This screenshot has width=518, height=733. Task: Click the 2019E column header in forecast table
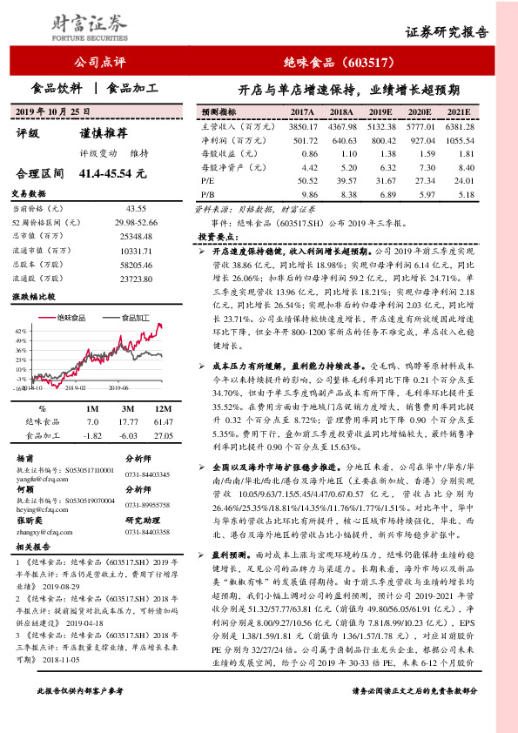click(x=381, y=112)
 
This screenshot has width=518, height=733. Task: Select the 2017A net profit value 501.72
click(x=302, y=139)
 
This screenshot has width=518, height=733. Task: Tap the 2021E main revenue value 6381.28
click(x=459, y=126)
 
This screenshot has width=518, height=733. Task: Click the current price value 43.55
click(x=135, y=210)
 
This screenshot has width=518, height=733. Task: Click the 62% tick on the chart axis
click(x=19, y=332)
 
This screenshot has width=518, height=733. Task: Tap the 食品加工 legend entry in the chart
click(x=137, y=318)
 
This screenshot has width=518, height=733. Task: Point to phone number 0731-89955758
click(x=148, y=504)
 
